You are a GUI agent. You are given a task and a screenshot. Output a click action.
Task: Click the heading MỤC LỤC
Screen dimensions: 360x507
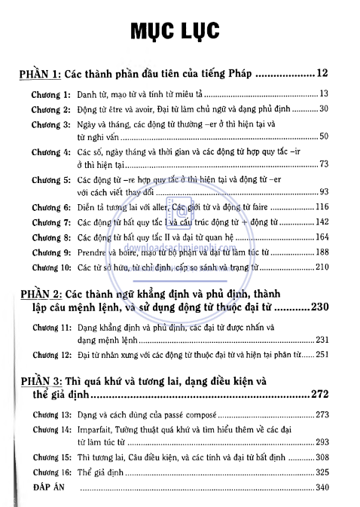tap(180, 31)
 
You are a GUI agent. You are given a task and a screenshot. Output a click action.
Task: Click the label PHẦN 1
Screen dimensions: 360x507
tap(40, 75)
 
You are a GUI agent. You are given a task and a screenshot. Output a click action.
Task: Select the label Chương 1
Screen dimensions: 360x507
tap(51, 95)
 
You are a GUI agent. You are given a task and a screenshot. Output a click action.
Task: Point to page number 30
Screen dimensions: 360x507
tap(325, 109)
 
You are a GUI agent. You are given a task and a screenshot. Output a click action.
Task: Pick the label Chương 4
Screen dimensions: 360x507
tap(51, 151)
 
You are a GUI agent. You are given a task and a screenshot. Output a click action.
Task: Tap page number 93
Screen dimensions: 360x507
tap(325, 191)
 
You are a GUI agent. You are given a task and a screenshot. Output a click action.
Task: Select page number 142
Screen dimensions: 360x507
tap(322, 222)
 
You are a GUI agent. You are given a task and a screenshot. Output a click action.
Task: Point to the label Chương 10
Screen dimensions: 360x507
tap(51, 269)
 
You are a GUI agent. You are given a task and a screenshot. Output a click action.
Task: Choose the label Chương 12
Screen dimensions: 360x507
tap(51, 355)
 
